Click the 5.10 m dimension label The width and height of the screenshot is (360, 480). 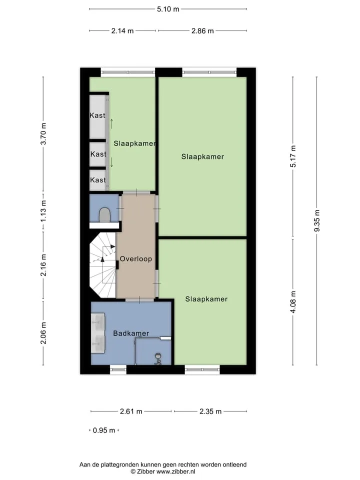168,9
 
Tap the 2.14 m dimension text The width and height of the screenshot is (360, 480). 122,31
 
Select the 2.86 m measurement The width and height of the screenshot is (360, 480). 202,31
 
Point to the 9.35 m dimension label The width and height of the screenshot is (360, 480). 317,220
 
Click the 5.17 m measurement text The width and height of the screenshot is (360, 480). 293,156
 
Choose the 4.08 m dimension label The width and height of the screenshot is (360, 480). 293,302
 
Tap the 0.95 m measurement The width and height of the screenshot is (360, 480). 104,430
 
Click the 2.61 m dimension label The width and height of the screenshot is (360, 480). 131,411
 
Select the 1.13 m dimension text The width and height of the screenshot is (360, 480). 43,211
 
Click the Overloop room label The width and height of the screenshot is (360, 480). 136,259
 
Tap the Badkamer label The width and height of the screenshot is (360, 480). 131,333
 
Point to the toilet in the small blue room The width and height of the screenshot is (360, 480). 104,215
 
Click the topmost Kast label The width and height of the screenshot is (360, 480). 97,115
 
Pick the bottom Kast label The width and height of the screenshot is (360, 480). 98,180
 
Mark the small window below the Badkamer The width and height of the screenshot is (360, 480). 118,370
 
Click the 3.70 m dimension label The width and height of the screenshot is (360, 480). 43,134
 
